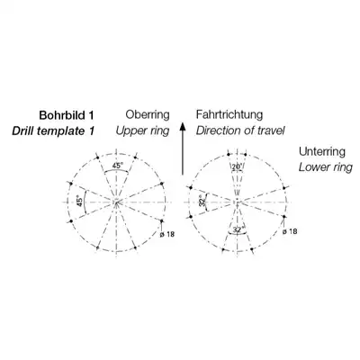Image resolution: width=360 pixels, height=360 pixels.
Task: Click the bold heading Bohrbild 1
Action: click(x=67, y=115)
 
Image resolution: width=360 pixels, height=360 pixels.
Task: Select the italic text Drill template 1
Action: click(x=53, y=130)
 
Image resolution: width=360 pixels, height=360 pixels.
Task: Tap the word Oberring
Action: click(x=148, y=114)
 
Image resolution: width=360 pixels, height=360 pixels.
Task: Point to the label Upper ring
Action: click(x=142, y=130)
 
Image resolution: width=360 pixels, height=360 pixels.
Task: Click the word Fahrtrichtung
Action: click(x=229, y=114)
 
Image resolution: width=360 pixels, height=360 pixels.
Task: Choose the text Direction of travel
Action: click(x=240, y=130)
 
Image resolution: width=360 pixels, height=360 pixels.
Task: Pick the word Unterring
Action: click(x=322, y=151)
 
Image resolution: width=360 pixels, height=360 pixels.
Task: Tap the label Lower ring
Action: click(x=326, y=167)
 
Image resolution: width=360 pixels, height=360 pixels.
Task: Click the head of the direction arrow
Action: click(x=183, y=127)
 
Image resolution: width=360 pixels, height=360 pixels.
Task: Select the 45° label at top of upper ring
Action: click(x=118, y=166)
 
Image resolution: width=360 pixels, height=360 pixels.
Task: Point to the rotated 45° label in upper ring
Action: click(x=79, y=202)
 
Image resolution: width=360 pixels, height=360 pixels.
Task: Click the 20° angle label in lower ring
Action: click(x=238, y=166)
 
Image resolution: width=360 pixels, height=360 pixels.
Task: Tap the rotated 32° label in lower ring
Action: click(x=202, y=200)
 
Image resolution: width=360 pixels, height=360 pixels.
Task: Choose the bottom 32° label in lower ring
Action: click(x=238, y=230)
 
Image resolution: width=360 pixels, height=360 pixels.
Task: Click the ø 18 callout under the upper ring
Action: click(x=166, y=234)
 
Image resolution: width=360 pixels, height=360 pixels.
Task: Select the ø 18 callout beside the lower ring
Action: click(x=290, y=231)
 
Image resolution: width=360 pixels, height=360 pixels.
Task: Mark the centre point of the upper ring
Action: click(x=116, y=202)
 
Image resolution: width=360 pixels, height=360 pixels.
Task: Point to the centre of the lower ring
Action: click(x=238, y=202)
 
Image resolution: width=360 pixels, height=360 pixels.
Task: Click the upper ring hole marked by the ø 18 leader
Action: click(x=161, y=221)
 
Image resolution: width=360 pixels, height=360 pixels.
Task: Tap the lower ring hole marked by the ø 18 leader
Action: click(x=283, y=216)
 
